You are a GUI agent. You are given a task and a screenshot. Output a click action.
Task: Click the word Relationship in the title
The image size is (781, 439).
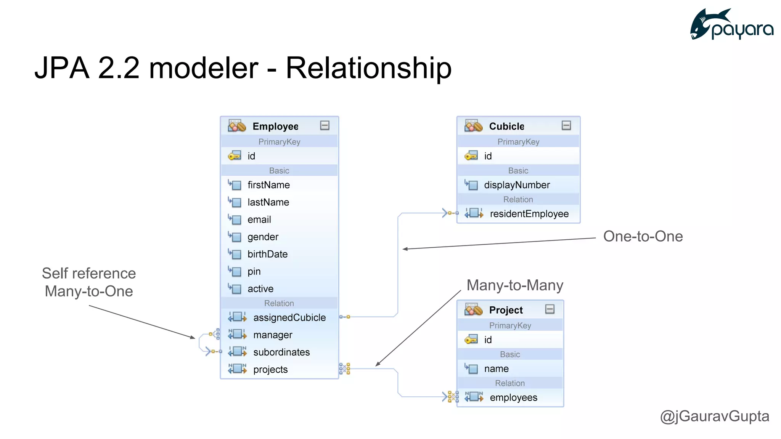point(368,68)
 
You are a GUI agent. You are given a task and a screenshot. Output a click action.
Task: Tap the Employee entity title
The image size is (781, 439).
point(275,126)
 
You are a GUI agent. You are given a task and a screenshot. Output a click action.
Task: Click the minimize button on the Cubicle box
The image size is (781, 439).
point(566,125)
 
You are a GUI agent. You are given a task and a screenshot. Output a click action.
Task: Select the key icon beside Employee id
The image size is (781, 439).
point(235,156)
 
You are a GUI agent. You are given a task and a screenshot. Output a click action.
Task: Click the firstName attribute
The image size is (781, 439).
point(268,185)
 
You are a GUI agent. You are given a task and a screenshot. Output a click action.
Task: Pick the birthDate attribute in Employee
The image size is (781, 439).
point(267,254)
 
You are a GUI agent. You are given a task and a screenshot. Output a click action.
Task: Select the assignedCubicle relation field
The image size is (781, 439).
point(289,317)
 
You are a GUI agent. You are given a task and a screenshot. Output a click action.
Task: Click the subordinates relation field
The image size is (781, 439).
point(281,352)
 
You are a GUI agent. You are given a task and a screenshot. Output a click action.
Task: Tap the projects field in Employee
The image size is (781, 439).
point(270,369)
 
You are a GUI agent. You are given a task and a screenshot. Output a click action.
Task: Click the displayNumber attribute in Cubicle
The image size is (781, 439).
point(517,185)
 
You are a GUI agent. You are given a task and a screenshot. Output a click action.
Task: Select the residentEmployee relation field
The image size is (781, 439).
point(529,214)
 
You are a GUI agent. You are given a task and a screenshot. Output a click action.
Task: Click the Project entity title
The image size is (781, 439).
point(506,310)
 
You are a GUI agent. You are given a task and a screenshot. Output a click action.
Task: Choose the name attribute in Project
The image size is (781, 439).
point(496,369)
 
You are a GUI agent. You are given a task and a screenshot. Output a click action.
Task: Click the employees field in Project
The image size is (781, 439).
point(513,397)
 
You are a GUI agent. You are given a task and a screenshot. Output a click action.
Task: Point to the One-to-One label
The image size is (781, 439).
point(643,236)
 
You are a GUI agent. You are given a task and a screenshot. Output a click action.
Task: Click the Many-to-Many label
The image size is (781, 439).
point(515,285)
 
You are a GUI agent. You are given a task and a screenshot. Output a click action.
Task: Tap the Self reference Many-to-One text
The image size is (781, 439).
point(89,282)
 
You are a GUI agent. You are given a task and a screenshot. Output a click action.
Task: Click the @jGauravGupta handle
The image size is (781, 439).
point(714,416)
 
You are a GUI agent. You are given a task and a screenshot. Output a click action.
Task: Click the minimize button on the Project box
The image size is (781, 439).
point(550,309)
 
